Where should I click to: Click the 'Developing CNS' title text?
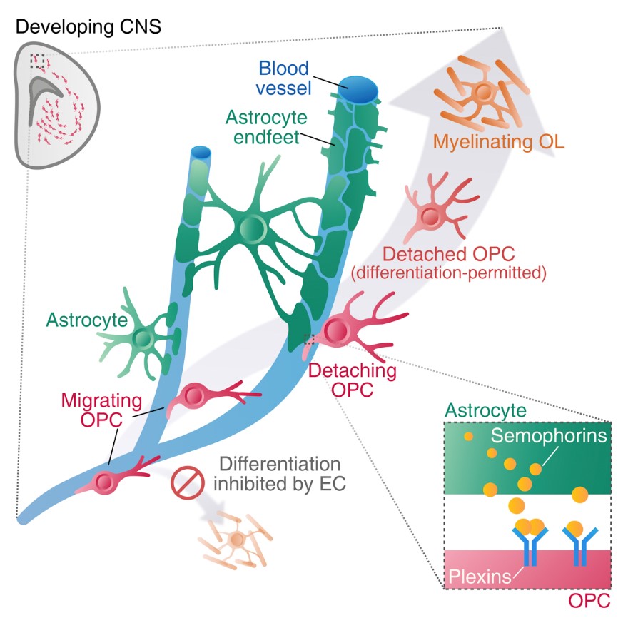(x=88, y=27)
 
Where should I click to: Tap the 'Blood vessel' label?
(x=283, y=79)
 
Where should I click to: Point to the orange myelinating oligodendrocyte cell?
(x=485, y=92)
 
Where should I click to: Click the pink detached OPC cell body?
(x=430, y=214)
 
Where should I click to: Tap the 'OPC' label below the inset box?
(x=589, y=602)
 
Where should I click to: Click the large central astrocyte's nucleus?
(x=252, y=228)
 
